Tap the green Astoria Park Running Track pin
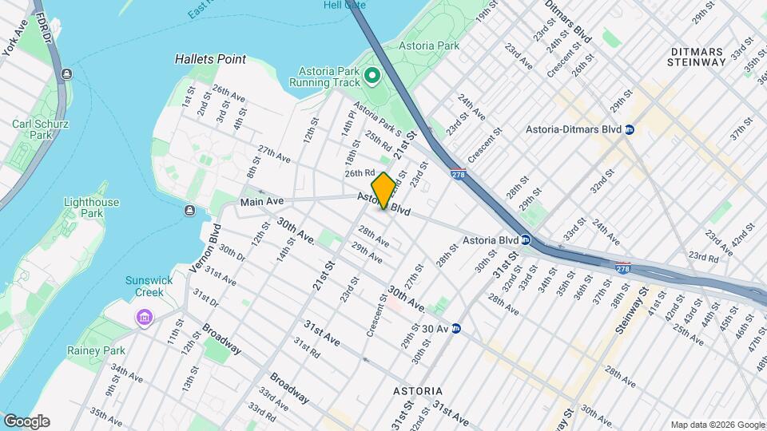372,77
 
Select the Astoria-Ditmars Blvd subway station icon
630,129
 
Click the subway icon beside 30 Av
456,328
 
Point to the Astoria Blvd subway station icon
526,239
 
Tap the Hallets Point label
210,59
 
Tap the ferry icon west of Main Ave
189,211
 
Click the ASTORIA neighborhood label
418,391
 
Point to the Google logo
26,421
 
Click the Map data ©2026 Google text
717,425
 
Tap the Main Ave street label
263,201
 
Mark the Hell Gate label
344,5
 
